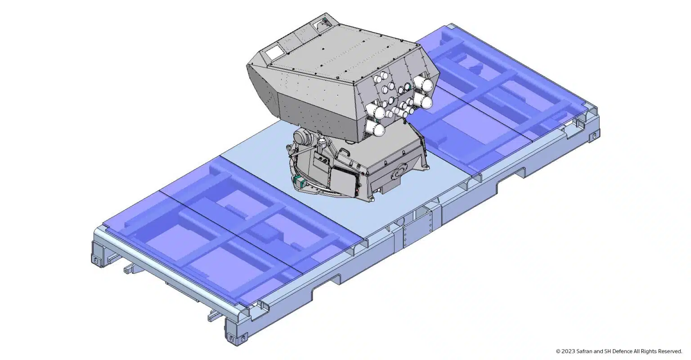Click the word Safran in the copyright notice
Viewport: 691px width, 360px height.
coord(580,351)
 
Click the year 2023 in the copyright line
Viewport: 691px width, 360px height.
coord(567,351)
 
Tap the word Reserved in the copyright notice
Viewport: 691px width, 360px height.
coord(670,351)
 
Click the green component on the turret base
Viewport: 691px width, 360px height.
coord(299,180)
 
